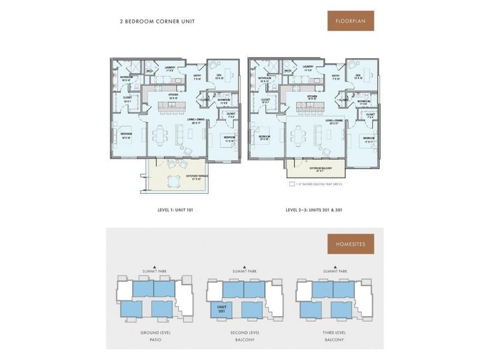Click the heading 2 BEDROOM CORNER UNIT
[x=157, y=22]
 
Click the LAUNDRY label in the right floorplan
[x=308, y=68]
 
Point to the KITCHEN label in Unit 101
[x=173, y=95]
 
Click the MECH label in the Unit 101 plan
[x=149, y=71]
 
